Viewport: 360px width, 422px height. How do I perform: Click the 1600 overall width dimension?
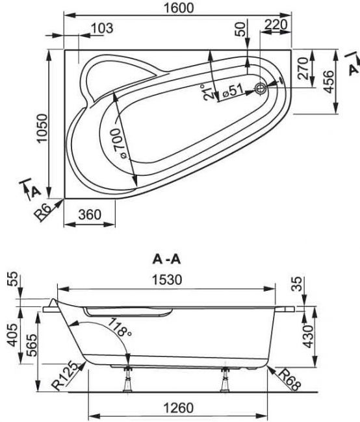pos(179,8)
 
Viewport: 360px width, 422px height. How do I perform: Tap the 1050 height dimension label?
pos(42,129)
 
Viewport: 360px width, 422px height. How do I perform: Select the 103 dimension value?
pos(102,28)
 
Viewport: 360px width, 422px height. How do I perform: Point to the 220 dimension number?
pos(276,25)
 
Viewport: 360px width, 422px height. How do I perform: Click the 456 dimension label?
pos(329,82)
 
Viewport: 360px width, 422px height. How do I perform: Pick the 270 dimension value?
pos(303,68)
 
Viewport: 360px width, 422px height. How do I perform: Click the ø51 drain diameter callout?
pos(233,91)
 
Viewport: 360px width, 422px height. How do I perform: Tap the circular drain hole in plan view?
pos(261,88)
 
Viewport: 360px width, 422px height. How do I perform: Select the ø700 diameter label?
pos(120,143)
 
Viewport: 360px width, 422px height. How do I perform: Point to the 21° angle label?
pos(208,92)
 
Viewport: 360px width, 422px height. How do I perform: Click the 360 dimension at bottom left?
pos(90,214)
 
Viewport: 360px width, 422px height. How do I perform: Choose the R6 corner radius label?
pos(42,212)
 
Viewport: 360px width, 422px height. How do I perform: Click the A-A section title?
pos(167,260)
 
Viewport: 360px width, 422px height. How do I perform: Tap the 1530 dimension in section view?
pos(168,280)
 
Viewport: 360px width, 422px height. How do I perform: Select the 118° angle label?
pos(120,327)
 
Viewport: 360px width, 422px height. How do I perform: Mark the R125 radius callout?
pos(64,377)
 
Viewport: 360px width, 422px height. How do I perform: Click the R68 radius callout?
pos(289,380)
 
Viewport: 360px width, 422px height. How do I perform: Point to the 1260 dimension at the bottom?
pos(179,408)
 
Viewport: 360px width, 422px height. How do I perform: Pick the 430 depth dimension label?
pos(309,336)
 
